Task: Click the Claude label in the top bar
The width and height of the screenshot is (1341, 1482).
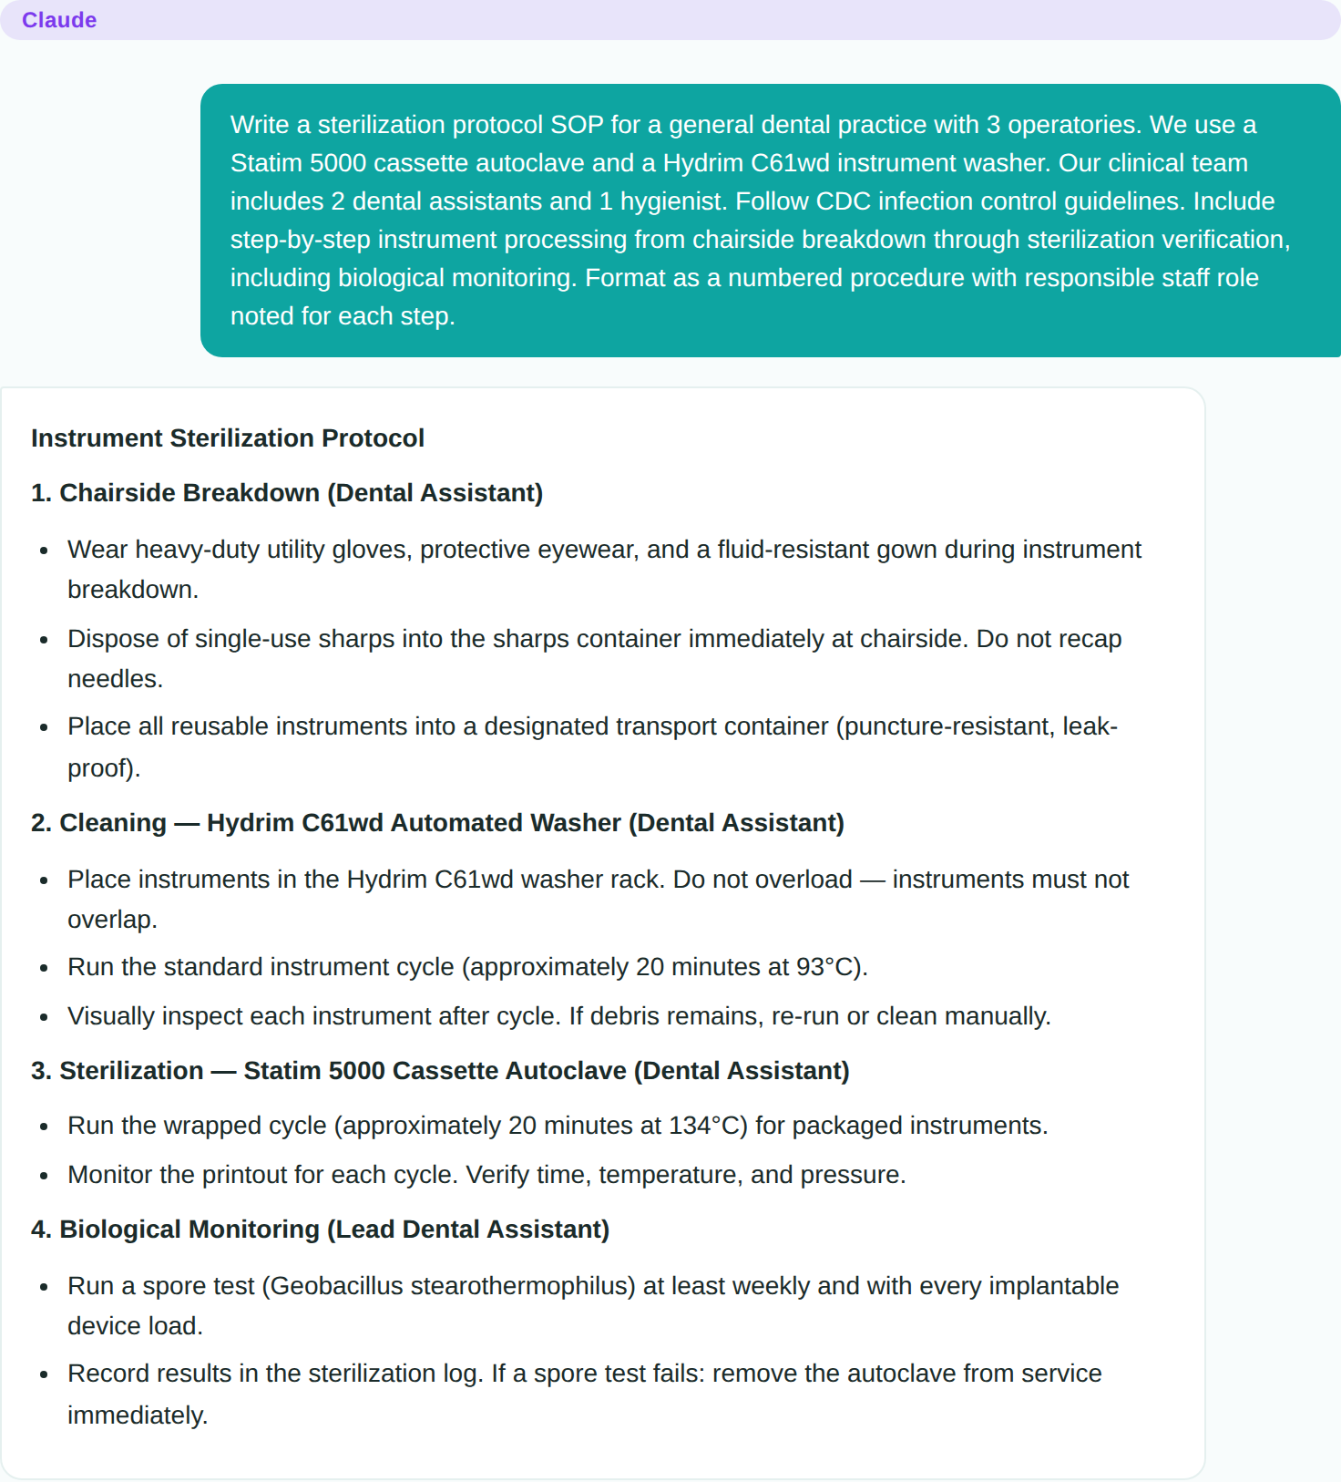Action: (x=59, y=20)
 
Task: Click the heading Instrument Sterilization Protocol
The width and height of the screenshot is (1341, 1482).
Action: (x=228, y=438)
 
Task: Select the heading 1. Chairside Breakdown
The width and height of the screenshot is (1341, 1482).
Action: (x=287, y=493)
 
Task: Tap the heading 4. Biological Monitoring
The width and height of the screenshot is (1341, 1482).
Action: (x=320, y=1230)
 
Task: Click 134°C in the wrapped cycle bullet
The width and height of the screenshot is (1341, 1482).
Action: (x=708, y=1126)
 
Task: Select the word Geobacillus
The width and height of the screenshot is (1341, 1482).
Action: (x=336, y=1286)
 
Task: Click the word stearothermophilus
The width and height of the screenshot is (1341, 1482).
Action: (x=522, y=1286)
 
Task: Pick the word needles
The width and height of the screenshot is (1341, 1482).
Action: (x=115, y=679)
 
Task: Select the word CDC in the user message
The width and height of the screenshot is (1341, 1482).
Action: (x=844, y=201)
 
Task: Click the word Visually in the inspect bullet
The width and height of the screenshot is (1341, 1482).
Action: (x=111, y=1016)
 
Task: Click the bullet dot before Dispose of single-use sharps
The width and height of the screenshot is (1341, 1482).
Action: (x=44, y=640)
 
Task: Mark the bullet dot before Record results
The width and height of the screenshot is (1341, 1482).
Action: (x=44, y=1374)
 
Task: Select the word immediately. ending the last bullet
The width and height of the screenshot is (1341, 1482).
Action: (x=138, y=1415)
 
